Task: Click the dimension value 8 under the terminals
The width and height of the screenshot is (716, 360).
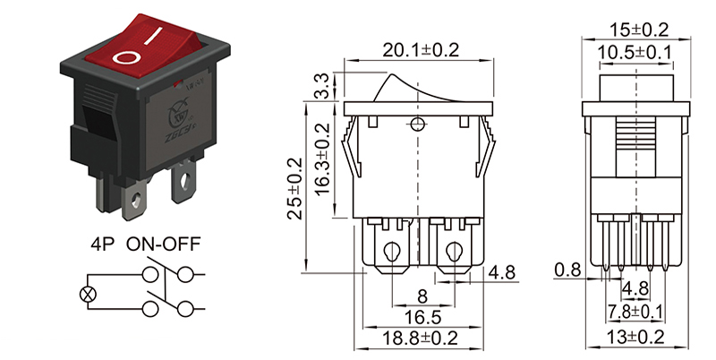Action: (x=421, y=296)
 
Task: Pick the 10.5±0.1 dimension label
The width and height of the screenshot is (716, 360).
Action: (x=637, y=52)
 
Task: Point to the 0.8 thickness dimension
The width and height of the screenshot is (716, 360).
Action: (x=567, y=268)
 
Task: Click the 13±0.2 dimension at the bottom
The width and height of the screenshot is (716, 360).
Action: (x=636, y=338)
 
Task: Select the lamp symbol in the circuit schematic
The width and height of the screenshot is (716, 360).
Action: (x=87, y=293)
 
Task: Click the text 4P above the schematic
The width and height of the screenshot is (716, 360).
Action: (x=104, y=244)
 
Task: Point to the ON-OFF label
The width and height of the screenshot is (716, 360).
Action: (x=163, y=244)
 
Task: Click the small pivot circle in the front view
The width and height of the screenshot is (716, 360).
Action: (x=417, y=123)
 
